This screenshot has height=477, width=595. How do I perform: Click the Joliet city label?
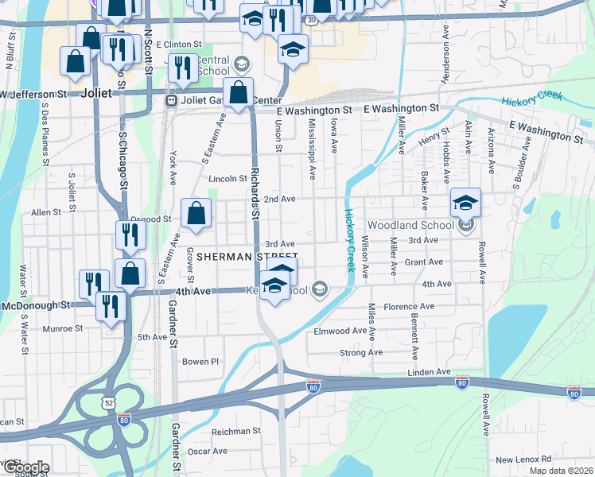pos(96,93)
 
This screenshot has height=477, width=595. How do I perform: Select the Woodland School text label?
pos(410,225)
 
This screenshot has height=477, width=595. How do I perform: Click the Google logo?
pos(25,467)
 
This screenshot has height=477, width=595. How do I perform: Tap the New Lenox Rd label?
pos(523,460)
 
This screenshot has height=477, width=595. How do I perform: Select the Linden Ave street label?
pos(430,372)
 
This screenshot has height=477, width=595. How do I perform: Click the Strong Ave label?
pos(360,352)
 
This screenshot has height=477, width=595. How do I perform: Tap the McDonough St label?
pos(36,305)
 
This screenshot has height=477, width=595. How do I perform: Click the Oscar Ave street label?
pos(208,451)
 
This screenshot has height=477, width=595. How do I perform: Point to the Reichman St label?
pos(235,431)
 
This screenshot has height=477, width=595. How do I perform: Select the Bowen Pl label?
pos(200,361)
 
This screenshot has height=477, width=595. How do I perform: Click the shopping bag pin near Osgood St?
pos(196,214)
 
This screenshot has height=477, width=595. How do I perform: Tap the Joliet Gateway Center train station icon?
pos(170,101)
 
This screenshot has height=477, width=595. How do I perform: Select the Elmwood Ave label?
pos(340,331)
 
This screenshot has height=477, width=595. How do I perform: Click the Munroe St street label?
pos(63,328)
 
